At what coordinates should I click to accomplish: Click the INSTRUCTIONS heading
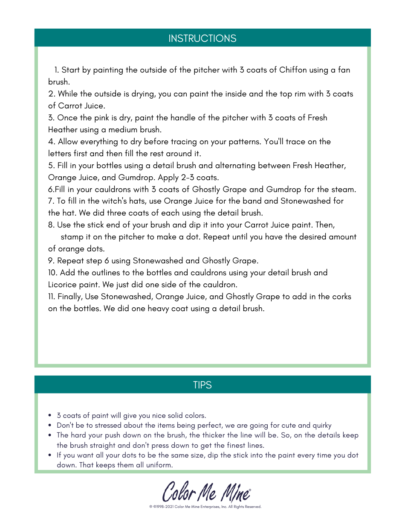[202, 38]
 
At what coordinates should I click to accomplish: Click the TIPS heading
[202, 385]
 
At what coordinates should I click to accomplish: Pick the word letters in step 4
[60, 154]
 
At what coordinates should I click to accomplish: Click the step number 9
[51, 261]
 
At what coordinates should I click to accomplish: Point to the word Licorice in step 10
[63, 285]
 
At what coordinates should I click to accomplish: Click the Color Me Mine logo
[206, 491]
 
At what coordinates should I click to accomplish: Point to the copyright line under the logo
[205, 507]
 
